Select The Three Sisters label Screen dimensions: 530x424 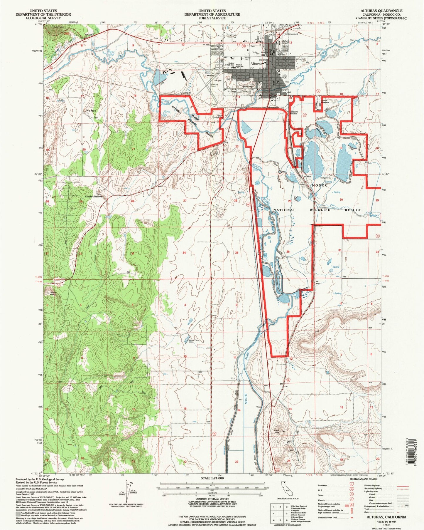pos(93,195)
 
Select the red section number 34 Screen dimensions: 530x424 pos(184,253)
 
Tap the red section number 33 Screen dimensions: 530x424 pos(133,253)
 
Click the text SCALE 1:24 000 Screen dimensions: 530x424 pos(212,478)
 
